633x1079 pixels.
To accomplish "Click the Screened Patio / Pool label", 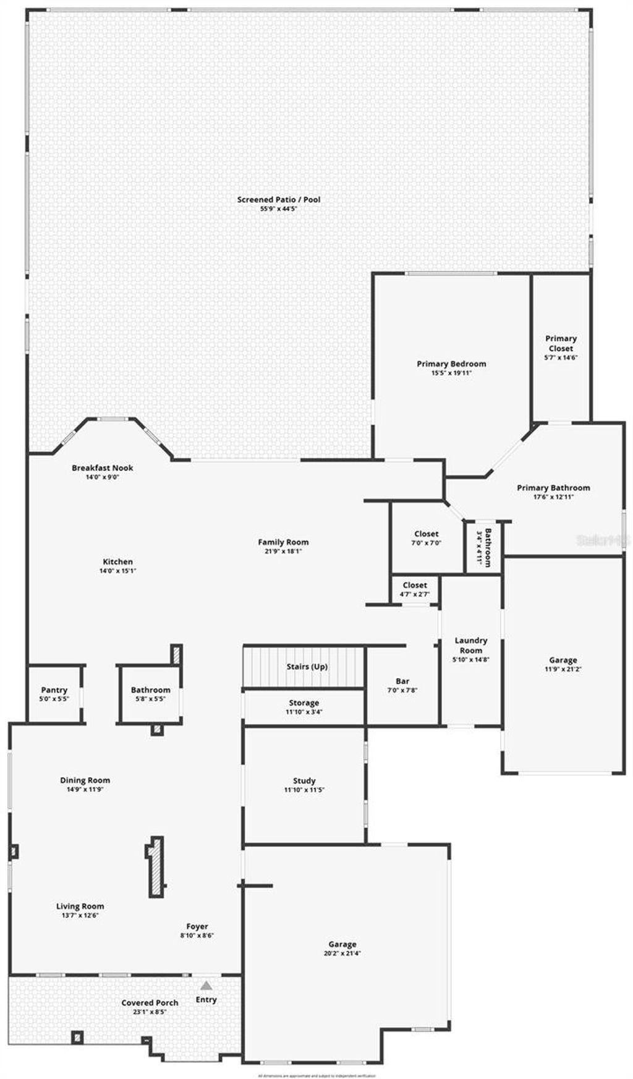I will (x=279, y=200).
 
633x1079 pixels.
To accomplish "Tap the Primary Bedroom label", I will (x=451, y=364).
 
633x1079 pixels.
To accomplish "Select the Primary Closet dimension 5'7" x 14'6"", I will (x=561, y=358).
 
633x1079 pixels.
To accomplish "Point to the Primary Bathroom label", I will (x=553, y=488).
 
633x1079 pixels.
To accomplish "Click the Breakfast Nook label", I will (x=103, y=468).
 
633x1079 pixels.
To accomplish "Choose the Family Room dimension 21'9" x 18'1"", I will (x=283, y=552).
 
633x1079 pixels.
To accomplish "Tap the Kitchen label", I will (x=117, y=562).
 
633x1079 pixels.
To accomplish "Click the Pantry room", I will (x=54, y=694).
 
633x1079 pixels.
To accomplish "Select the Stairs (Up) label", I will (x=307, y=667).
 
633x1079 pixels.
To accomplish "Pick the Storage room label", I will (x=304, y=703).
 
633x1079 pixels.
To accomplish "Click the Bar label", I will (x=402, y=681).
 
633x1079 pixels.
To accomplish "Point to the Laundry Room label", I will (x=471, y=646).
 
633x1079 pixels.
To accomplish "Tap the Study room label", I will (x=304, y=781).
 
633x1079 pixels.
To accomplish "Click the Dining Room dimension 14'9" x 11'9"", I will (x=85, y=790).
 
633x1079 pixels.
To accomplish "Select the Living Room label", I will (x=80, y=906).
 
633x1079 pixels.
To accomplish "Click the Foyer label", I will (x=197, y=926).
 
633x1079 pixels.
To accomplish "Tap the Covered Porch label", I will (x=150, y=1003).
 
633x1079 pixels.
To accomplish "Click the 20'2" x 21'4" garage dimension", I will (x=342, y=953).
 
